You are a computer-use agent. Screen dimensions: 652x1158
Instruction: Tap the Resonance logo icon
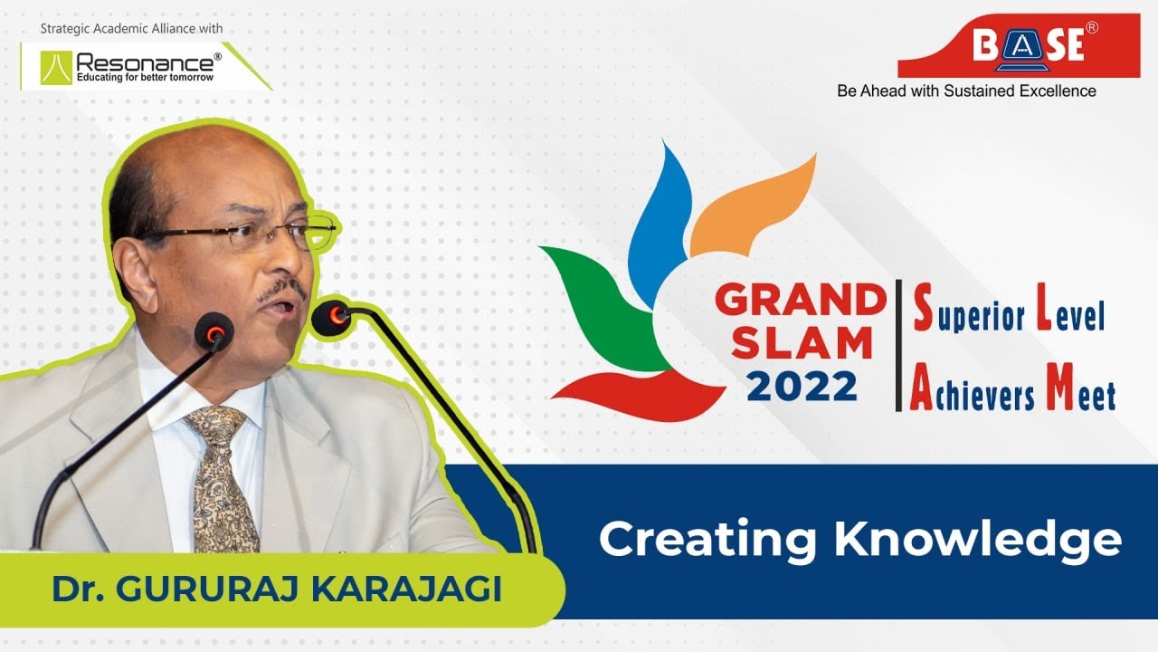click(56, 67)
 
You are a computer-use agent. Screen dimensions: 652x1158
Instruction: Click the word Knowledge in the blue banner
click(978, 540)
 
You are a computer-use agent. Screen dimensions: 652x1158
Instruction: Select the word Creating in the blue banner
click(708, 540)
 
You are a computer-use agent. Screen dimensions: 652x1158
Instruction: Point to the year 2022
click(802, 387)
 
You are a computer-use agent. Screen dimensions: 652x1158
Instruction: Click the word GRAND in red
click(800, 301)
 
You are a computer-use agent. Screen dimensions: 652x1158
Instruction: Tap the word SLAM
click(802, 344)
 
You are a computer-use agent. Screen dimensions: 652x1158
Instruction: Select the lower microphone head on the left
click(214, 332)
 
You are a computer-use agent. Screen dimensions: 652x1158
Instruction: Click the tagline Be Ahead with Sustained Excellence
click(966, 91)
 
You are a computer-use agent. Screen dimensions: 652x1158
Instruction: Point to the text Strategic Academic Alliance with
click(131, 29)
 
